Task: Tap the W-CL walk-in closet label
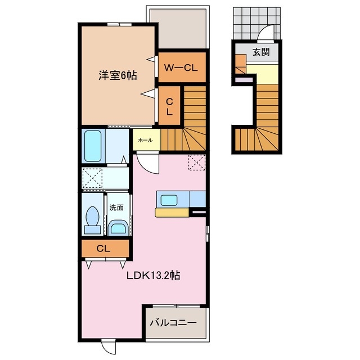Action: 180,67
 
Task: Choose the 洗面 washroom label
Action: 116,207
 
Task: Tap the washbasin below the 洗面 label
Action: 117,227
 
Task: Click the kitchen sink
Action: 169,200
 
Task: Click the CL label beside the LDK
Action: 103,248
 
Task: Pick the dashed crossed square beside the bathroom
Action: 92,178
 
